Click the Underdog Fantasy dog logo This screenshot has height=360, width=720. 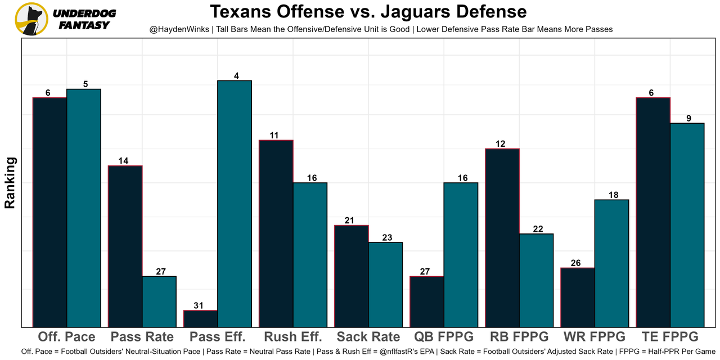tap(31, 19)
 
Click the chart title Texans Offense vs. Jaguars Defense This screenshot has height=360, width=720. tap(368, 12)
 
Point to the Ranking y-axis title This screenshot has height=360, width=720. tap(10, 183)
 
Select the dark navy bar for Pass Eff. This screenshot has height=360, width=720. tap(201, 318)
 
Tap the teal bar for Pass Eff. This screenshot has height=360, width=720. tap(235, 204)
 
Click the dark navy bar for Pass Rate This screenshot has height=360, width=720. tap(125, 246)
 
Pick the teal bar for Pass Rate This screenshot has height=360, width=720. tap(159, 301)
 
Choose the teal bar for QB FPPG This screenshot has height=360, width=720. tap(461, 255)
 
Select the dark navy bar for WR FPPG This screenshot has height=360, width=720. tap(578, 297)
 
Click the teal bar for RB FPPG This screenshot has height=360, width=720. tap(536, 280)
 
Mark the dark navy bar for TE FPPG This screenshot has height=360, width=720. tap(653, 212)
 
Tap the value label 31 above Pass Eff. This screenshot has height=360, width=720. tap(199, 305)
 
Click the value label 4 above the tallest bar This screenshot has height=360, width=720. tap(236, 75)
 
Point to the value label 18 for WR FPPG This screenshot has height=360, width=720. tap(613, 195)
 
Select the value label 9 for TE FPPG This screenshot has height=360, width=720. tap(688, 118)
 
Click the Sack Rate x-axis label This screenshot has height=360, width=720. tap(368, 337)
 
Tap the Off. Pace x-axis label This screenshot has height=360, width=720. tap(66, 337)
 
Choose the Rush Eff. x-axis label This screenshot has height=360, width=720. tap(292, 337)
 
